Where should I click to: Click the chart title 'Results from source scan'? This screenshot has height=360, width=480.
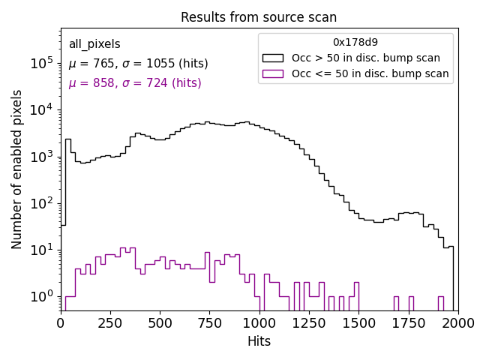click(x=259, y=17)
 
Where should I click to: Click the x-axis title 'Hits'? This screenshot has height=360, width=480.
click(x=259, y=341)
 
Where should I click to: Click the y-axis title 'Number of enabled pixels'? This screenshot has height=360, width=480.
click(x=16, y=169)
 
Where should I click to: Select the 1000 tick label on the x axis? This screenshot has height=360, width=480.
click(x=259, y=323)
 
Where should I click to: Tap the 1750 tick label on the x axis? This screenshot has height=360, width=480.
click(x=408, y=323)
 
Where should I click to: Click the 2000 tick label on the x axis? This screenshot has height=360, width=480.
click(x=457, y=323)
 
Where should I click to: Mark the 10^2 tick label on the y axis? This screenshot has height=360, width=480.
click(x=42, y=204)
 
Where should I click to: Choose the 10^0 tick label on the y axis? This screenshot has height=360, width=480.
click(x=42, y=297)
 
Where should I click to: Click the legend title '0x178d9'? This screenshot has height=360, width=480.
click(x=355, y=42)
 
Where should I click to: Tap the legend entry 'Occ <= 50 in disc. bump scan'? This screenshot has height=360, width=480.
click(x=370, y=73)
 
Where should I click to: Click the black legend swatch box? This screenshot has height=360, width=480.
click(x=273, y=58)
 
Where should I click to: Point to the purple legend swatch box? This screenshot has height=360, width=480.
click(x=273, y=73)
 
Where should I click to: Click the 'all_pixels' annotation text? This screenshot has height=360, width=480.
click(x=94, y=44)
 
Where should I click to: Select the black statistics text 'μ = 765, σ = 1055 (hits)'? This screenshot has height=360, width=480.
click(x=138, y=64)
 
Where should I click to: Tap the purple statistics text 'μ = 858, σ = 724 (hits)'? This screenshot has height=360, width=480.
click(x=135, y=83)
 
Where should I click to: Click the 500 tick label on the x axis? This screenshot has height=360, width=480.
click(x=160, y=323)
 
